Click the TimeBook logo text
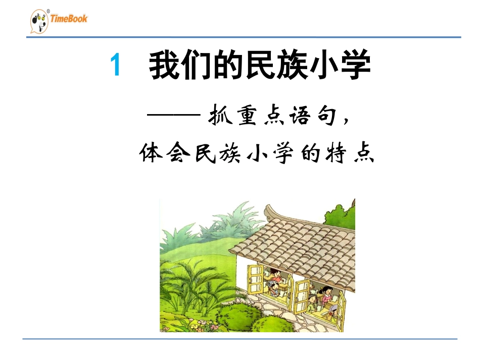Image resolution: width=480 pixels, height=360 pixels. point(69,19)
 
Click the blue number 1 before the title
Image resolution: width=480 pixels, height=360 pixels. point(116,66)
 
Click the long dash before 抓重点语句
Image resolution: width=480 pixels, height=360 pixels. point(173,116)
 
